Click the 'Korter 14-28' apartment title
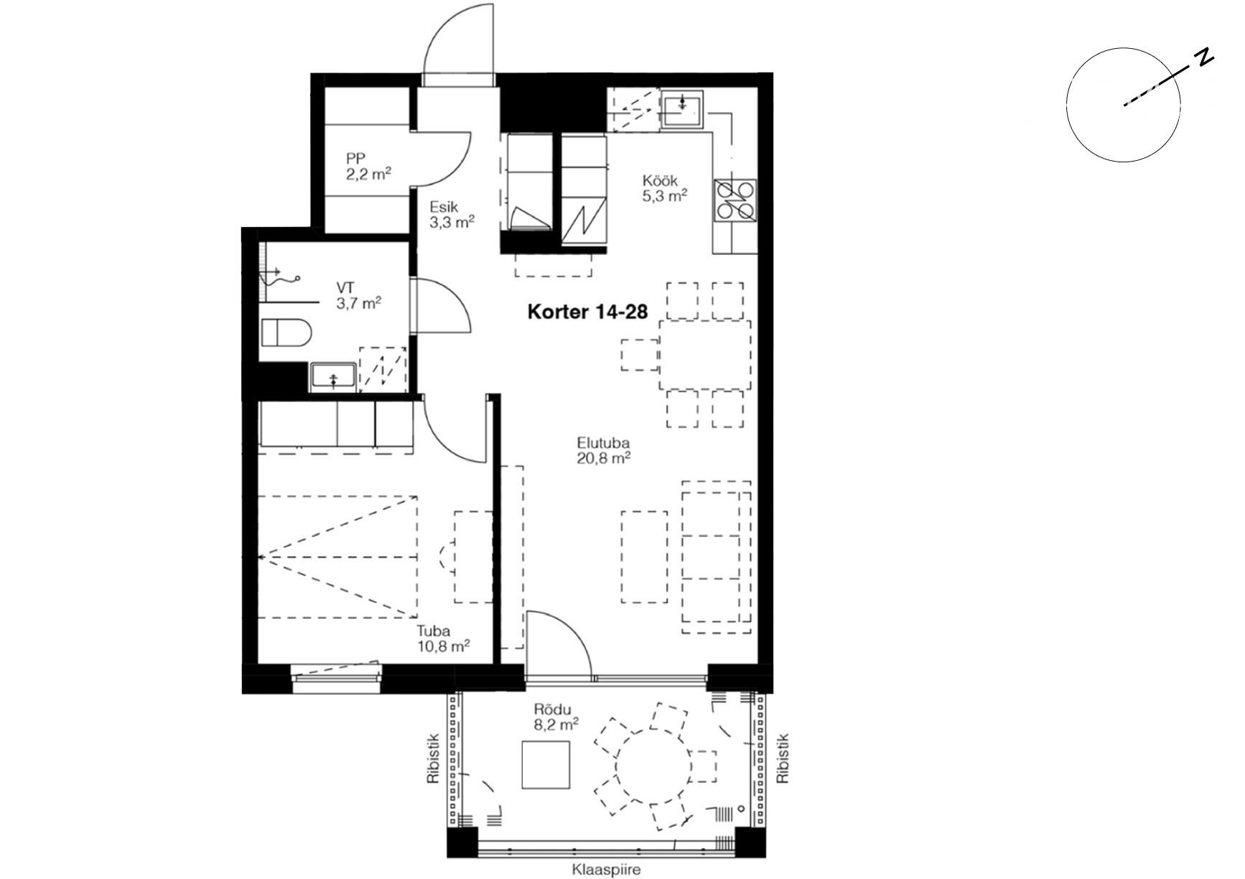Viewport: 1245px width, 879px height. (x=587, y=312)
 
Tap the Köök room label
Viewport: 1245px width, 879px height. (x=659, y=181)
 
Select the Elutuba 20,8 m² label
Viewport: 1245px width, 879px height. (x=604, y=450)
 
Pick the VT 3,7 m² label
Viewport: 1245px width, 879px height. (x=358, y=295)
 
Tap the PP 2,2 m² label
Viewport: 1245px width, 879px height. (x=368, y=165)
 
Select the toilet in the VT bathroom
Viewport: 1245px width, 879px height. (x=286, y=333)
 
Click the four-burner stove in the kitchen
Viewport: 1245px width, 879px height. (x=735, y=199)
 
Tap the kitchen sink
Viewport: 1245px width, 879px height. (x=681, y=109)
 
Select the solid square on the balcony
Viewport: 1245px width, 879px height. (x=546, y=765)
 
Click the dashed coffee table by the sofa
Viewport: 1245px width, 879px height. (x=644, y=557)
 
